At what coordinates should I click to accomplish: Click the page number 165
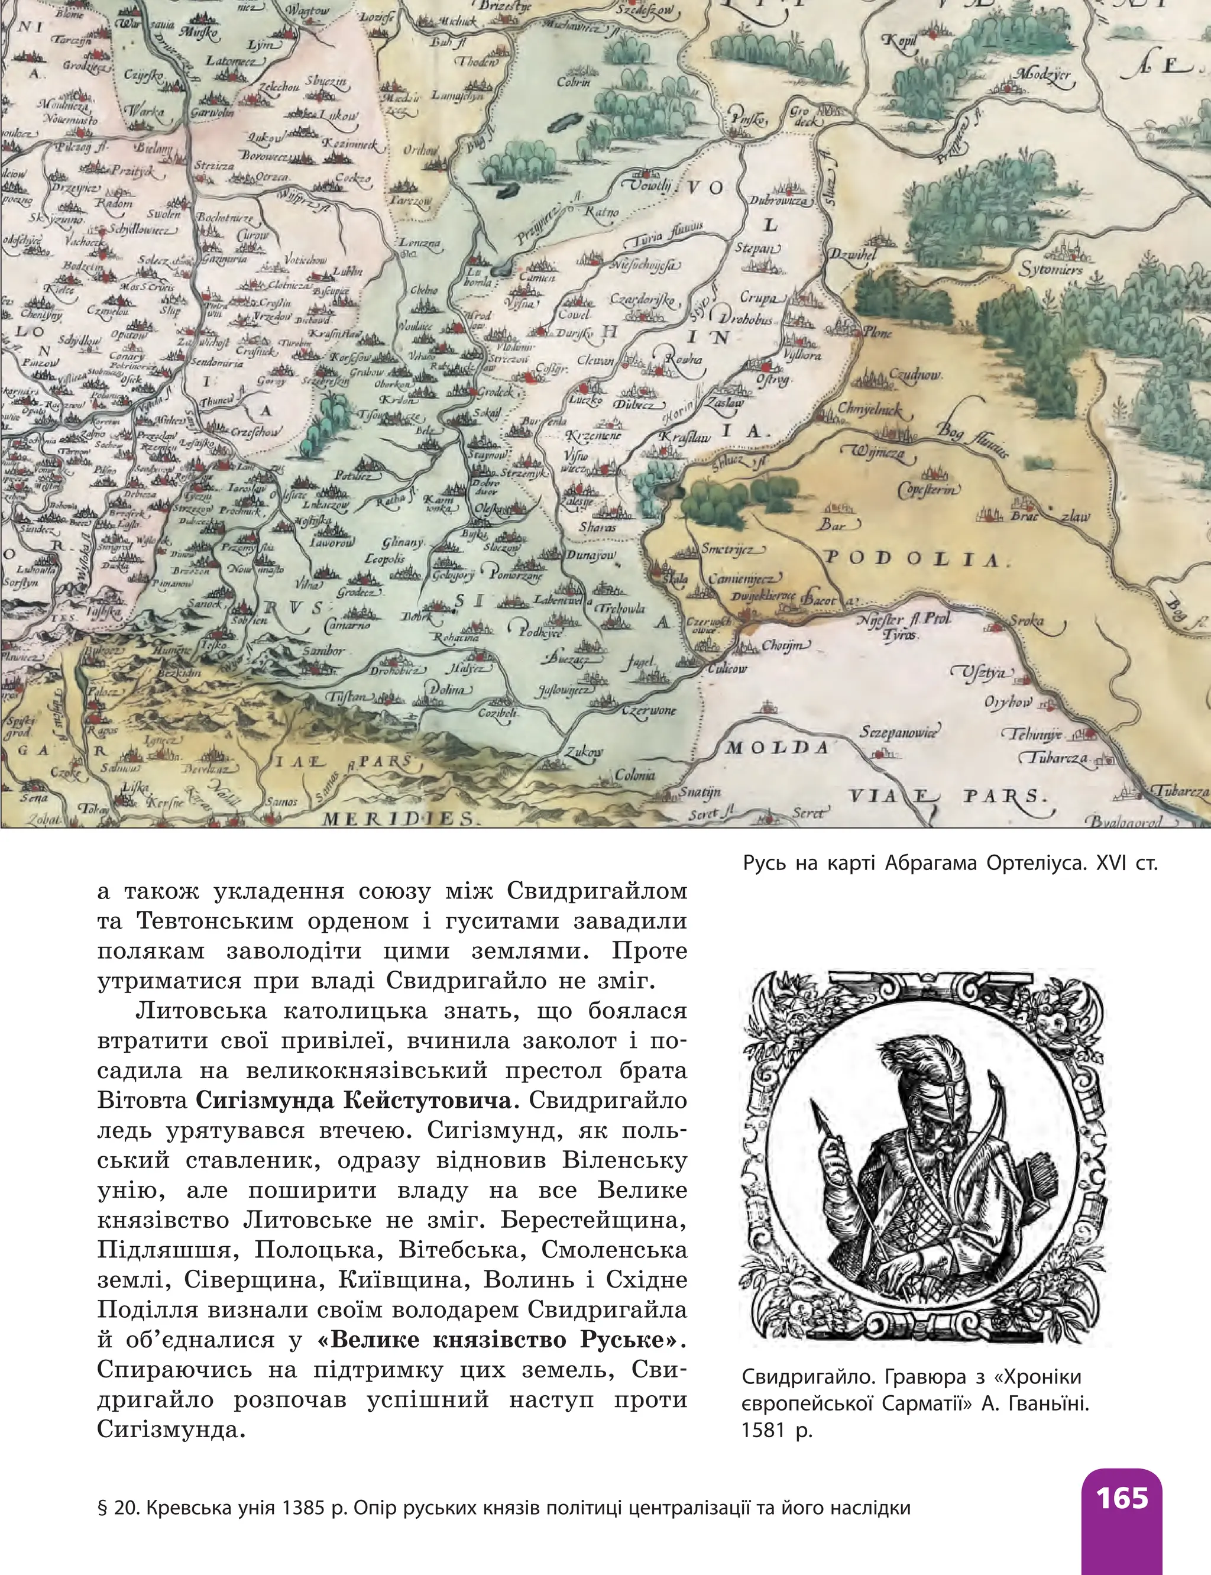click(1122, 1498)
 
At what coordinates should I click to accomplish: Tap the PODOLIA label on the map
click(914, 559)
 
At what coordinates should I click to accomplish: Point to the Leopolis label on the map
click(385, 559)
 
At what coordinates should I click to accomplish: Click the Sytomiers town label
click(1050, 270)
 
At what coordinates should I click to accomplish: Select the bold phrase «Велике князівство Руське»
click(500, 1340)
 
